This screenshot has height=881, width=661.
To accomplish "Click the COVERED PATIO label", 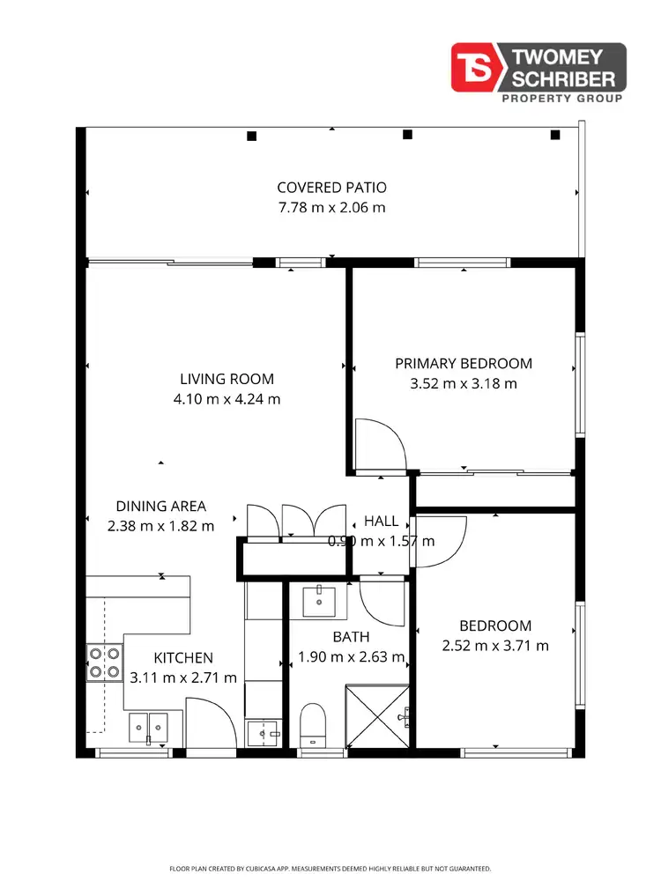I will (x=331, y=188).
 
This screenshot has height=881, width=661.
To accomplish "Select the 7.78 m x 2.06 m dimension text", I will (x=331, y=208).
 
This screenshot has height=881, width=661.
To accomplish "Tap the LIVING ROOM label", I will (x=227, y=380).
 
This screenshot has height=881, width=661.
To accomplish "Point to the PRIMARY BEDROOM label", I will (x=464, y=363).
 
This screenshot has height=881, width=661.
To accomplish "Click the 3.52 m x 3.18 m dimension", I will (x=464, y=383).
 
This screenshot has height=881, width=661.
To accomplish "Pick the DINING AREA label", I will (x=160, y=506).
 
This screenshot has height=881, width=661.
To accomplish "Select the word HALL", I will (x=381, y=521).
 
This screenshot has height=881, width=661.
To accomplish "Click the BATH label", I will (x=351, y=637).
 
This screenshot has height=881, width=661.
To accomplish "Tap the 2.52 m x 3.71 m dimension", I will (x=495, y=646).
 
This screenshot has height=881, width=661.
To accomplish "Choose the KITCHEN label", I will (x=183, y=658).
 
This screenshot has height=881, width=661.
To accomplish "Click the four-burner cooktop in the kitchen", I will (x=104, y=663).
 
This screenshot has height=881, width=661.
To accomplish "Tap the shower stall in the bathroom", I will (x=378, y=716).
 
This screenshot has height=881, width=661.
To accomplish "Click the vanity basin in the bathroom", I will (x=318, y=601).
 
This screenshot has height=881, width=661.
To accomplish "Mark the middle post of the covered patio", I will (x=407, y=135).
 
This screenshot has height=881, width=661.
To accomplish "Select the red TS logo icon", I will (x=476, y=67).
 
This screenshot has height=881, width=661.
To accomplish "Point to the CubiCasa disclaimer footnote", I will (x=330, y=869).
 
